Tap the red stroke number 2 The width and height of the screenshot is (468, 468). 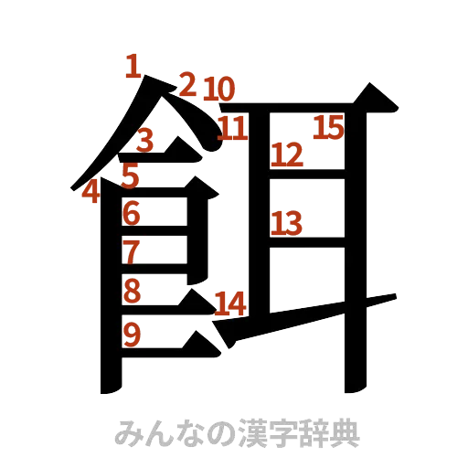pos(187,84)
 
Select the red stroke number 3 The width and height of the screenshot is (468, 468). pos(145,140)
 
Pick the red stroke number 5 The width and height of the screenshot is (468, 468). pos(131,174)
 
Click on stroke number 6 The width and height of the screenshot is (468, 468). pos(132,213)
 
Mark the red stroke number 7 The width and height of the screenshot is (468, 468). pos(132,250)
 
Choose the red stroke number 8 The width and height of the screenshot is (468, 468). pos(132,291)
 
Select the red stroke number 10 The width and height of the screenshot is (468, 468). pos(219,90)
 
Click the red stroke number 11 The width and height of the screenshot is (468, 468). pos(232,127)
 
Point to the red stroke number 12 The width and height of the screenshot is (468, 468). pos(287,154)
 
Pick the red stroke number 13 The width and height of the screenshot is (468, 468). pos(286,222)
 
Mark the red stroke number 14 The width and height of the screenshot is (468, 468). pos(229,304)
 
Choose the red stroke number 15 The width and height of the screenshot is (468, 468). pos(326,127)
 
